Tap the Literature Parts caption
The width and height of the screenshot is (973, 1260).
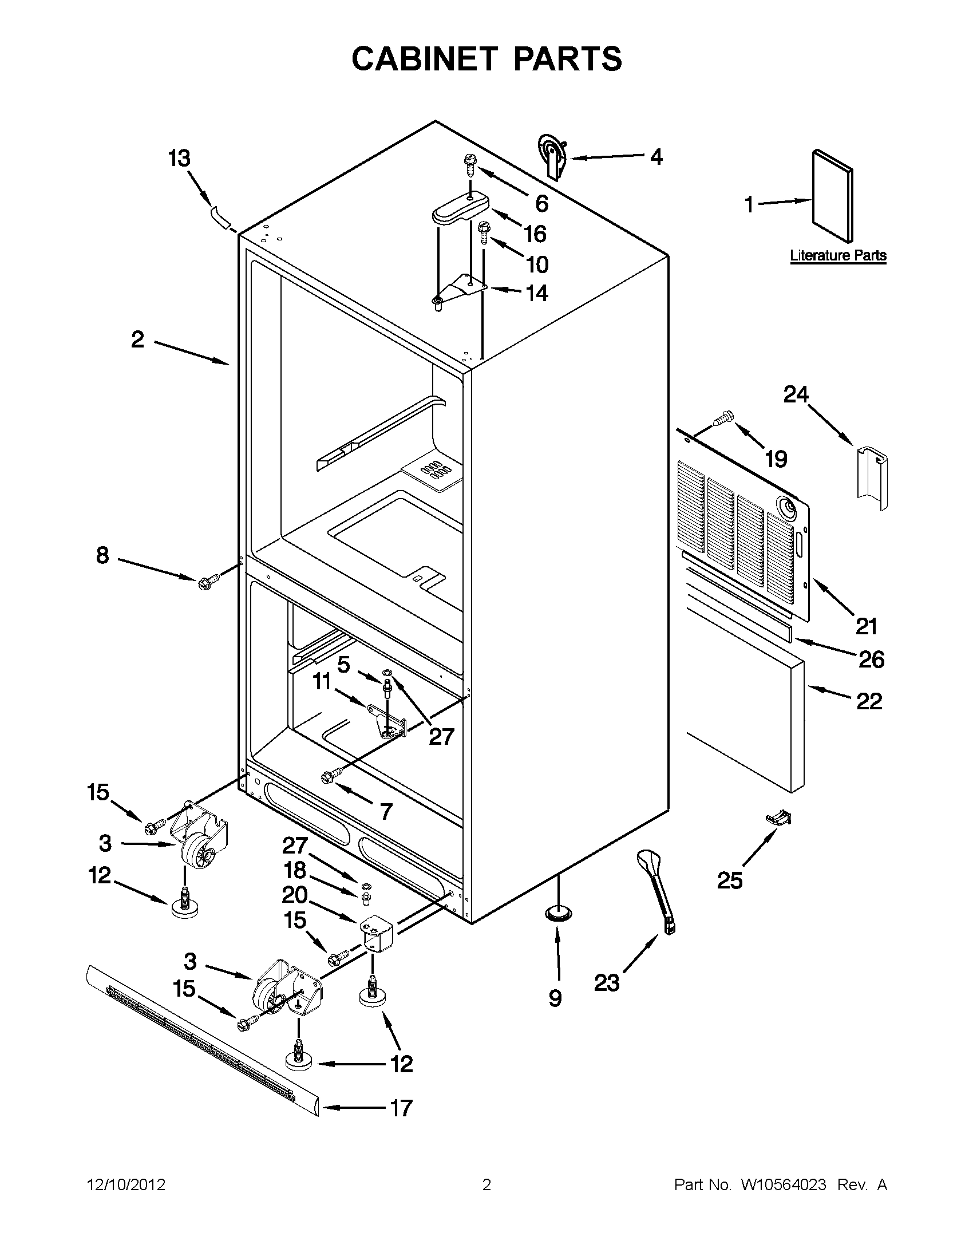click(837, 255)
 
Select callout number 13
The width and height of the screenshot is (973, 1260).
click(179, 158)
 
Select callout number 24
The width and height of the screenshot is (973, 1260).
click(796, 394)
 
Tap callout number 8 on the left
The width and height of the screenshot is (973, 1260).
click(102, 555)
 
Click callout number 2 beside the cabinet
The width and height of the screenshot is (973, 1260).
click(137, 339)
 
